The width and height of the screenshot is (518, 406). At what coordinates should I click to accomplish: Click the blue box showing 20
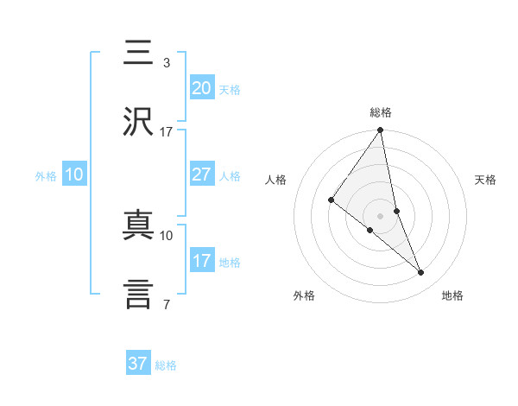(202, 87)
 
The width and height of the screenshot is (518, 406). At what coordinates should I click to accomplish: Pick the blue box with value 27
(202, 174)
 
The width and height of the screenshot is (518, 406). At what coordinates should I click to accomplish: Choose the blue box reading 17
(202, 261)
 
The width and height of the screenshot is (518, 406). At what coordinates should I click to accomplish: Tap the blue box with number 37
(138, 364)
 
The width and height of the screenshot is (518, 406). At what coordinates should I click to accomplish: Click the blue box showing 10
(74, 174)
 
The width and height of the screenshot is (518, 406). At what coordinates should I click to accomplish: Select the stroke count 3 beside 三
(166, 63)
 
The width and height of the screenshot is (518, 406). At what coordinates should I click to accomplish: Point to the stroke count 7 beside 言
(166, 304)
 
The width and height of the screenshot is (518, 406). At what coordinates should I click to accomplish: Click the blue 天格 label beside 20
(230, 90)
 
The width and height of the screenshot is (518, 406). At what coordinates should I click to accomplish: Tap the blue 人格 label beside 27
(230, 176)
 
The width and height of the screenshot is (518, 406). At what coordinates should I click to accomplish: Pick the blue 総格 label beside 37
(166, 365)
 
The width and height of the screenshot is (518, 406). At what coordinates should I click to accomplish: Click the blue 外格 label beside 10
(46, 176)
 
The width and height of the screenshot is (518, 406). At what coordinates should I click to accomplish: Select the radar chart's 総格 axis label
(381, 113)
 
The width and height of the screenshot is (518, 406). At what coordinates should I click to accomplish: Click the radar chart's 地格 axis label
(452, 296)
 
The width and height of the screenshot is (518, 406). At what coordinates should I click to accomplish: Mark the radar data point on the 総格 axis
(381, 130)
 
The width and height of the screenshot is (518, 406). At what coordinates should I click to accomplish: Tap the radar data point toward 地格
(421, 273)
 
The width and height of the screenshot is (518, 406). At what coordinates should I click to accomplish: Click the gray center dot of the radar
(381, 215)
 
